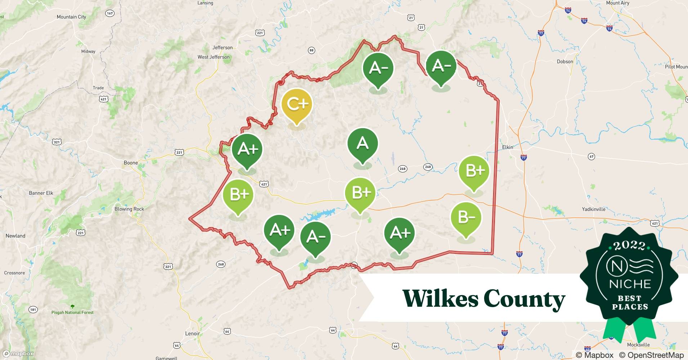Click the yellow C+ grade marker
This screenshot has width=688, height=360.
tap(296, 105)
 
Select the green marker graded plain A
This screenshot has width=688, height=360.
tap(362, 144)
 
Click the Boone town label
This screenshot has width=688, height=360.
tap(131, 163)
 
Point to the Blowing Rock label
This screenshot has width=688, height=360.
tap(129, 209)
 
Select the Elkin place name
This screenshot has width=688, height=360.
tap(508, 147)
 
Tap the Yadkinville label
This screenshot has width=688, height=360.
tap(594, 209)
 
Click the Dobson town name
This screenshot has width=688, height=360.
tap(565, 62)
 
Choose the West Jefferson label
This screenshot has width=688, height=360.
tap(213, 57)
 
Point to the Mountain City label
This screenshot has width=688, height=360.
tap(71, 17)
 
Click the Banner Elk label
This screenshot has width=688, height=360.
tap(41, 193)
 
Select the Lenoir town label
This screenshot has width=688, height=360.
tap(192, 333)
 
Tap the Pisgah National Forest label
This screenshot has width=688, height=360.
tap(72, 312)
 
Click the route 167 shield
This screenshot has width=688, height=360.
tap(110, 13)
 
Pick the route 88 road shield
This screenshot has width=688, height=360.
tap(312, 51)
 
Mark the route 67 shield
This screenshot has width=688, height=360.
tap(591, 156)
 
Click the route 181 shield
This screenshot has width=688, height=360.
tap(33, 310)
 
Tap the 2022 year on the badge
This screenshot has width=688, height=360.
tap(629, 246)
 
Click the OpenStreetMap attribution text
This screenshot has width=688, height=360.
tap(651, 355)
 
